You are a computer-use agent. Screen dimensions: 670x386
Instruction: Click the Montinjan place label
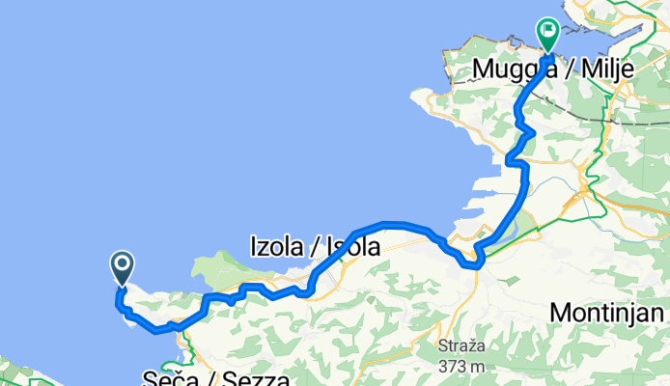click(607, 313)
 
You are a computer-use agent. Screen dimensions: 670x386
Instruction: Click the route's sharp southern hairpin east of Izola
click(472, 262)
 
